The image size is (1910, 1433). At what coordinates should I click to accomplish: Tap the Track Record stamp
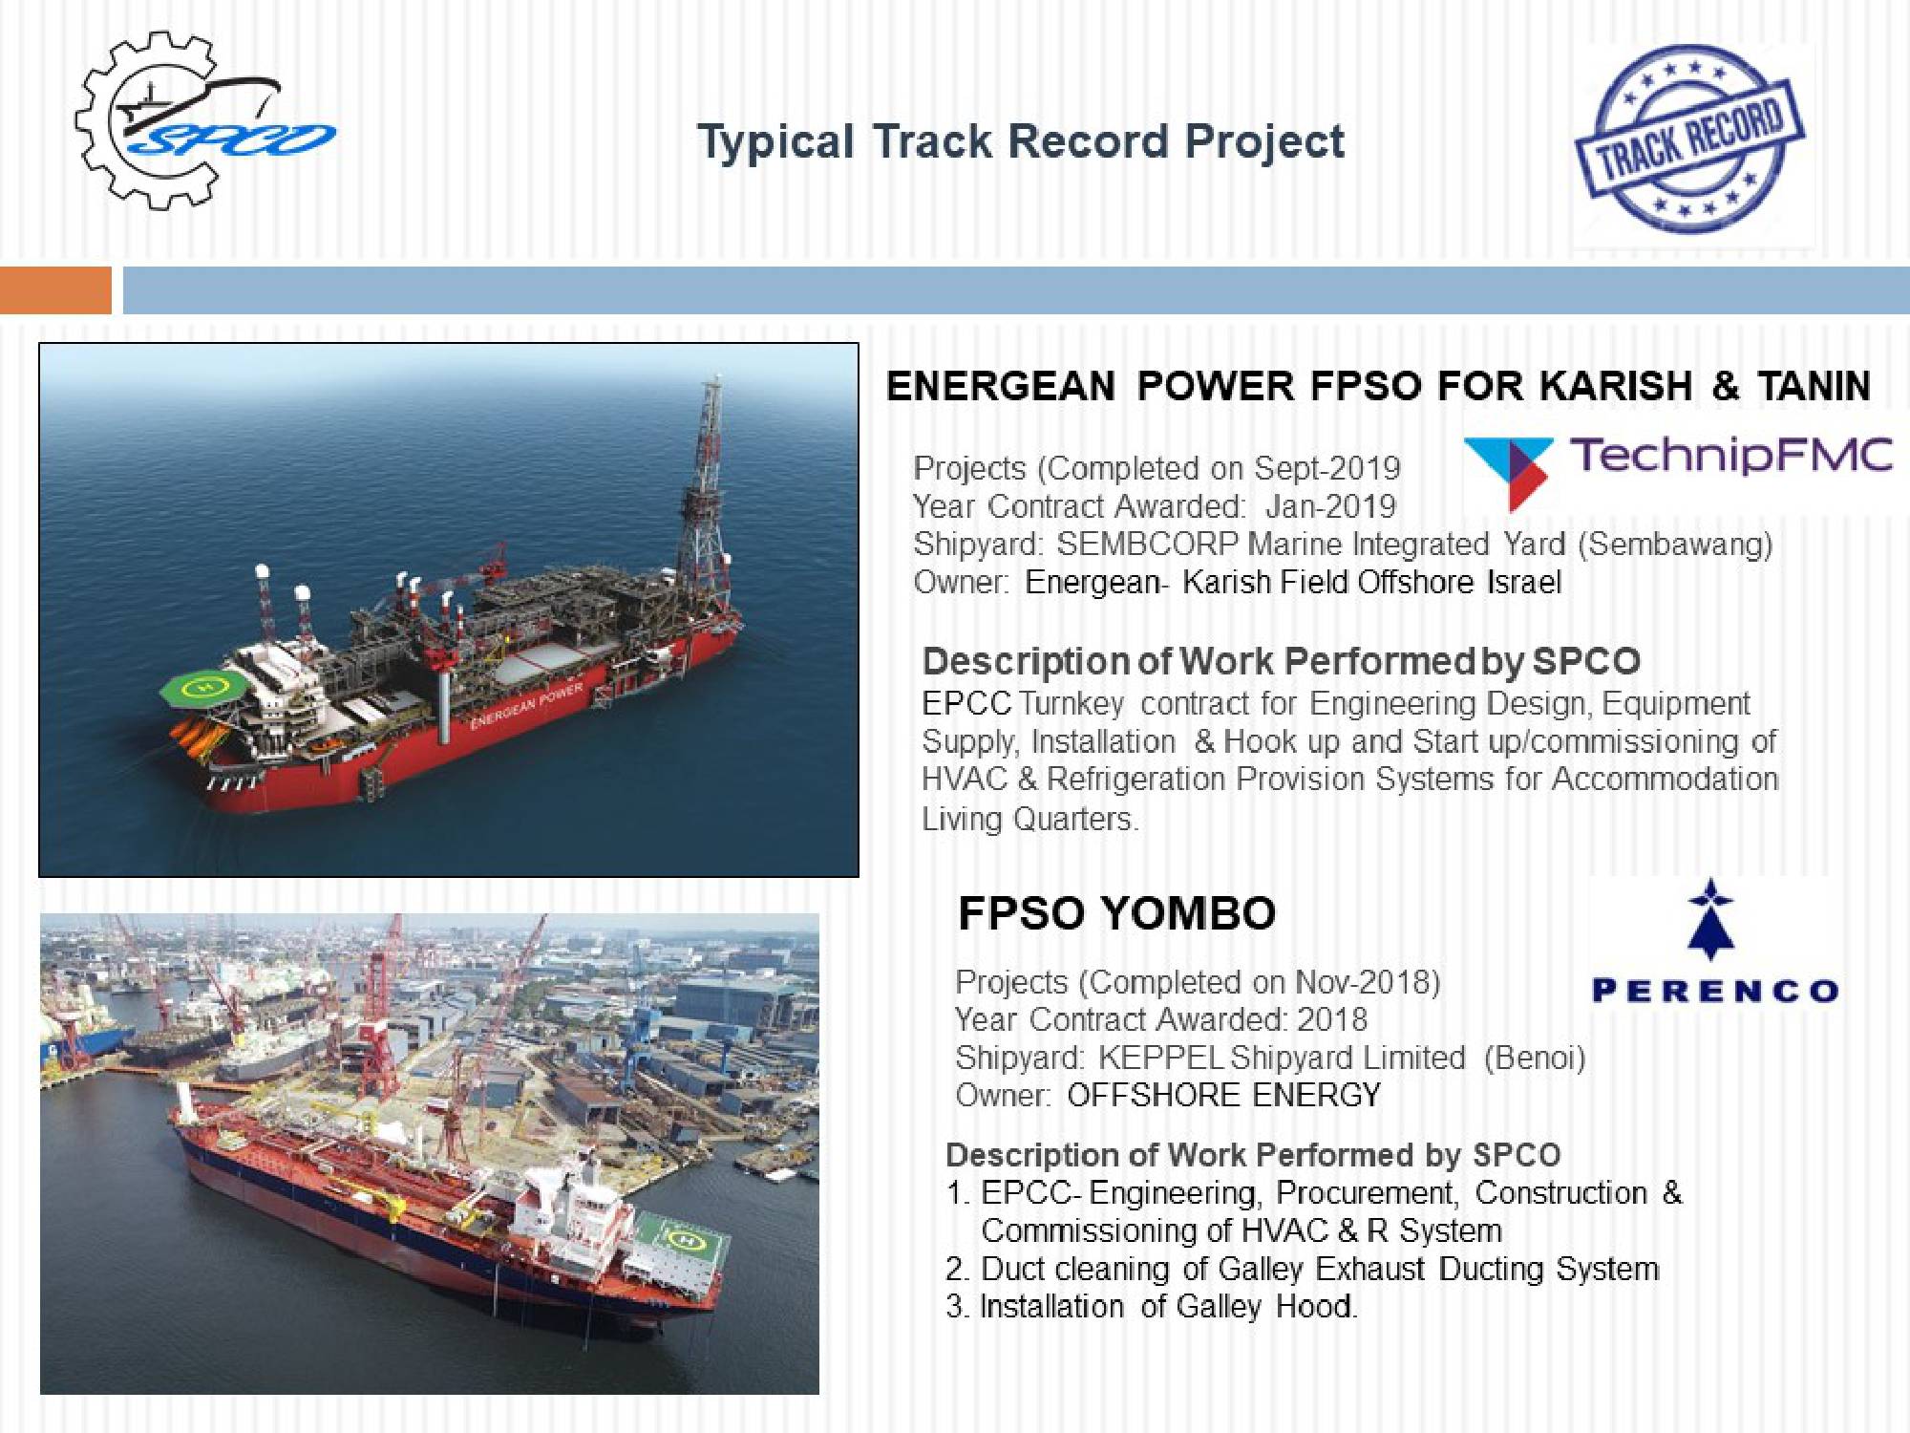1689,139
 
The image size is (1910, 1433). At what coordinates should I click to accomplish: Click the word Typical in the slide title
775,142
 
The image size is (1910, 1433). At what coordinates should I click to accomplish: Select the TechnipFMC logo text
1730,455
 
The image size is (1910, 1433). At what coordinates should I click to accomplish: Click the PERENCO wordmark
1715,991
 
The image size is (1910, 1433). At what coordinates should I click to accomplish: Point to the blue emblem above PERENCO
1710,919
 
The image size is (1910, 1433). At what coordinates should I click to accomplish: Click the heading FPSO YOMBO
1116,913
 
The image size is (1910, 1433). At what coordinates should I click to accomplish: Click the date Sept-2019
1326,468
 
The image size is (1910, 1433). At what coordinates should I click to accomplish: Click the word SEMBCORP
1147,544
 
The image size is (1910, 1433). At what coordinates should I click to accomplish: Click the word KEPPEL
1160,1058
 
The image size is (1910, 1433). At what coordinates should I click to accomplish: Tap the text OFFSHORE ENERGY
1223,1095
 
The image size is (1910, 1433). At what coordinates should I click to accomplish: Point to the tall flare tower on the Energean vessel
703,487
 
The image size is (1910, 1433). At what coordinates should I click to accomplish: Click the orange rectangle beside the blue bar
55,290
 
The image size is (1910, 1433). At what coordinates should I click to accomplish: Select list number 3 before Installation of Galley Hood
957,1307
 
